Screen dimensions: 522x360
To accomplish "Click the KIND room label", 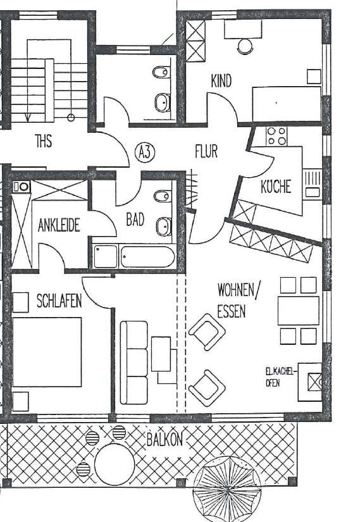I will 221,81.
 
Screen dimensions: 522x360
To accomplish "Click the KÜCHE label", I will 276,187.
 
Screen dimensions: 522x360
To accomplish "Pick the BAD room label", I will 135,220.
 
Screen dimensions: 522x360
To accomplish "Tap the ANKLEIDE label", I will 59,225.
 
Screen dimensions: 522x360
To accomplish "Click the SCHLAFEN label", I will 59,301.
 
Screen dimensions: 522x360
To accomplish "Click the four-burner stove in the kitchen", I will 276,135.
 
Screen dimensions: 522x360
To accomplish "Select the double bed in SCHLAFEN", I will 47,351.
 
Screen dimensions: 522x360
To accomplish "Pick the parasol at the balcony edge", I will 226,488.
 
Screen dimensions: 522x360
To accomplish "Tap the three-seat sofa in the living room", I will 133,362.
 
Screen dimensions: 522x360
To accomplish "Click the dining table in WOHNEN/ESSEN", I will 298,310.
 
